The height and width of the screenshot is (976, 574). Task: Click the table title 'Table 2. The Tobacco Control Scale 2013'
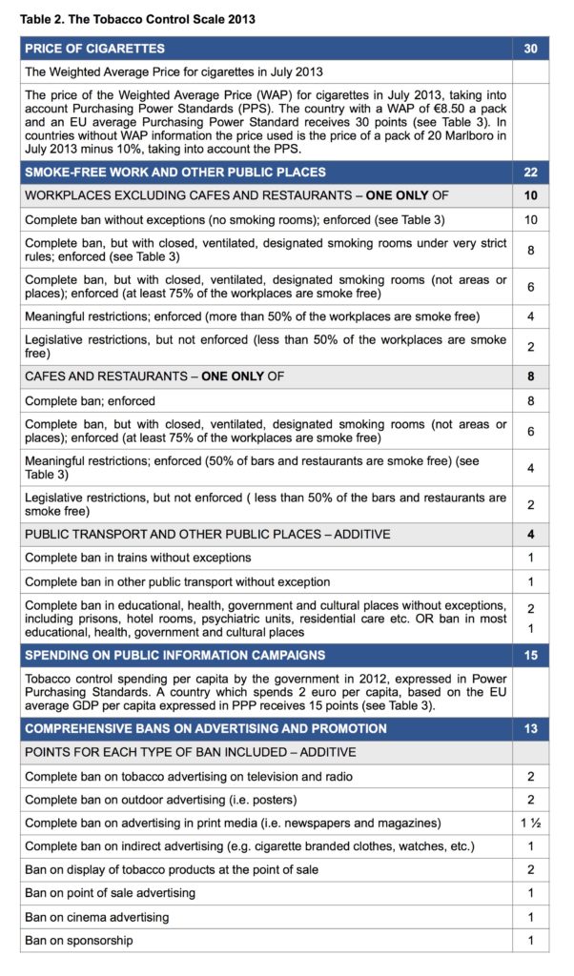tap(137, 19)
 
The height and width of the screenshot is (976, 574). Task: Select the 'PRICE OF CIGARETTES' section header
tap(94, 49)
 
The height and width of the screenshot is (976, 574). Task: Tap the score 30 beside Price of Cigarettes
tap(531, 49)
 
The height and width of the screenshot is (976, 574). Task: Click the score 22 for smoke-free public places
tap(531, 173)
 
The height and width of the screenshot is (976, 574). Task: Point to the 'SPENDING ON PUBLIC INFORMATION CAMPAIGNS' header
tap(174, 656)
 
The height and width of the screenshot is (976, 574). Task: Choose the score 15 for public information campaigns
tap(531, 656)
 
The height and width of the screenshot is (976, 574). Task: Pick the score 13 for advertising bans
tap(531, 729)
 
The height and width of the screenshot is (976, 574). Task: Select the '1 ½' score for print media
tap(531, 823)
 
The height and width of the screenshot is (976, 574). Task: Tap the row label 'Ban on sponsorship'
tap(79, 941)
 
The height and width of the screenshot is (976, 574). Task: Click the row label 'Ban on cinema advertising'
tap(97, 917)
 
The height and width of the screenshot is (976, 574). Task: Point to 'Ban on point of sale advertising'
tap(110, 893)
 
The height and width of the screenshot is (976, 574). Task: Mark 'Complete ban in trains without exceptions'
tap(138, 558)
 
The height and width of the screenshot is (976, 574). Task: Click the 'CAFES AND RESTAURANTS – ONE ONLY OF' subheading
tap(154, 376)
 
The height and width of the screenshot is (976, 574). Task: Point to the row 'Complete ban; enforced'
tap(90, 401)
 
